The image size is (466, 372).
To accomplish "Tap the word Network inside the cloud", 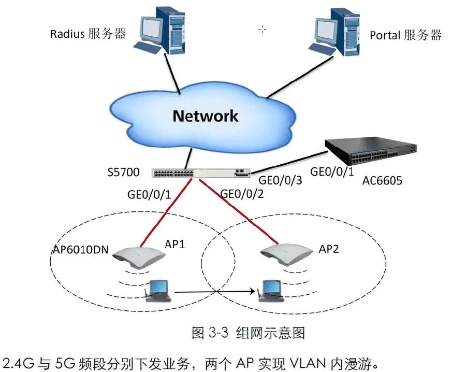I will tap(206, 116).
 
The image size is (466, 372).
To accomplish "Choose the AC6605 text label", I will tap(382, 181).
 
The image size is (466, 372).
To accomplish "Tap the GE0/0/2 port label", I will tap(242, 194).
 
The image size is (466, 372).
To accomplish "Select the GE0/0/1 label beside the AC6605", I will tap(331, 170).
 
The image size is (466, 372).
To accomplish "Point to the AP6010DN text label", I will tap(80, 250).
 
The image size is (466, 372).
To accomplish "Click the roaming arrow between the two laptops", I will tap(215, 293).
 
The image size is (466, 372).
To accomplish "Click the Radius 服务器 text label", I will tap(88, 34).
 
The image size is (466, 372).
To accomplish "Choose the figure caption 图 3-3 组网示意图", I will tap(248, 333).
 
